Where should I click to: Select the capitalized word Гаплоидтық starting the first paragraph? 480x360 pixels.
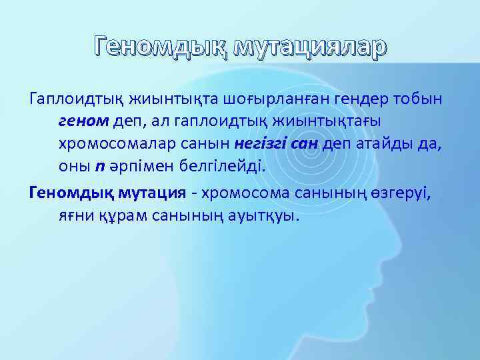[73, 100]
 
